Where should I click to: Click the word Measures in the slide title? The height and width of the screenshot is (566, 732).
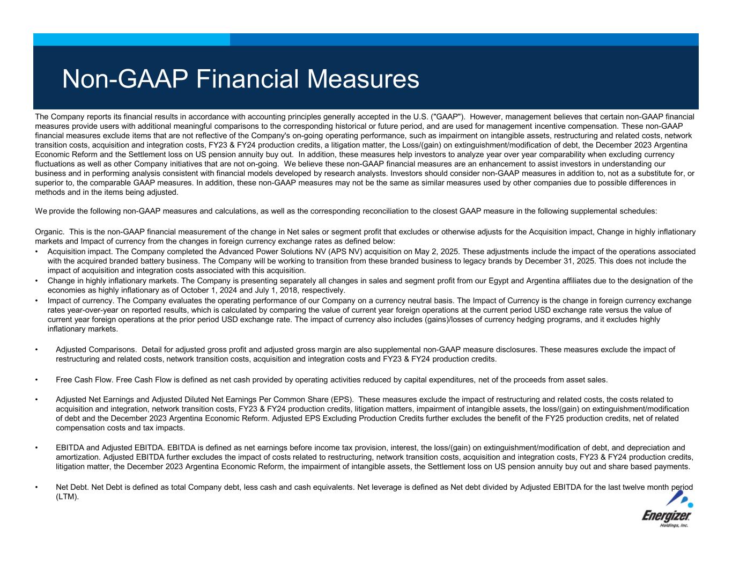(363, 79)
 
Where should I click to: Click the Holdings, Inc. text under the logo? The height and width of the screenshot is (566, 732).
(674, 526)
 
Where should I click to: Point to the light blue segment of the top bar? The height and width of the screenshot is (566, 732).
(131, 39)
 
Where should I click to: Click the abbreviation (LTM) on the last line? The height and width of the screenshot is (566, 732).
(67, 497)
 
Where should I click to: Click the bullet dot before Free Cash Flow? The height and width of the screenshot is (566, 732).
(36, 380)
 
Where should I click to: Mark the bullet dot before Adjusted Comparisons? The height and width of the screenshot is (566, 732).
(36, 350)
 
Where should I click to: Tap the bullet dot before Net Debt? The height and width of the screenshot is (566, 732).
(36, 488)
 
